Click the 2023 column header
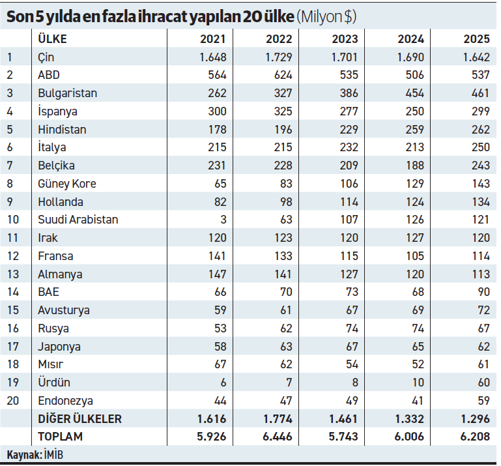(344, 38)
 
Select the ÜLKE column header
(52, 38)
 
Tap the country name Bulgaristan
(67, 93)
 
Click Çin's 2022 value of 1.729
(278, 57)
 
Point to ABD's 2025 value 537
(480, 75)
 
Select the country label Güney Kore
(66, 184)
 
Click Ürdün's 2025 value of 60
(483, 383)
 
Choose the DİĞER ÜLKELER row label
(79, 419)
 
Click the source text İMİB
(55, 454)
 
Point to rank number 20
(12, 401)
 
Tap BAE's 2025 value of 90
(483, 292)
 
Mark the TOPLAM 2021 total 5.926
(212, 437)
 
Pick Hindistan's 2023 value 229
(349, 130)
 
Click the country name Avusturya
(64, 310)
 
